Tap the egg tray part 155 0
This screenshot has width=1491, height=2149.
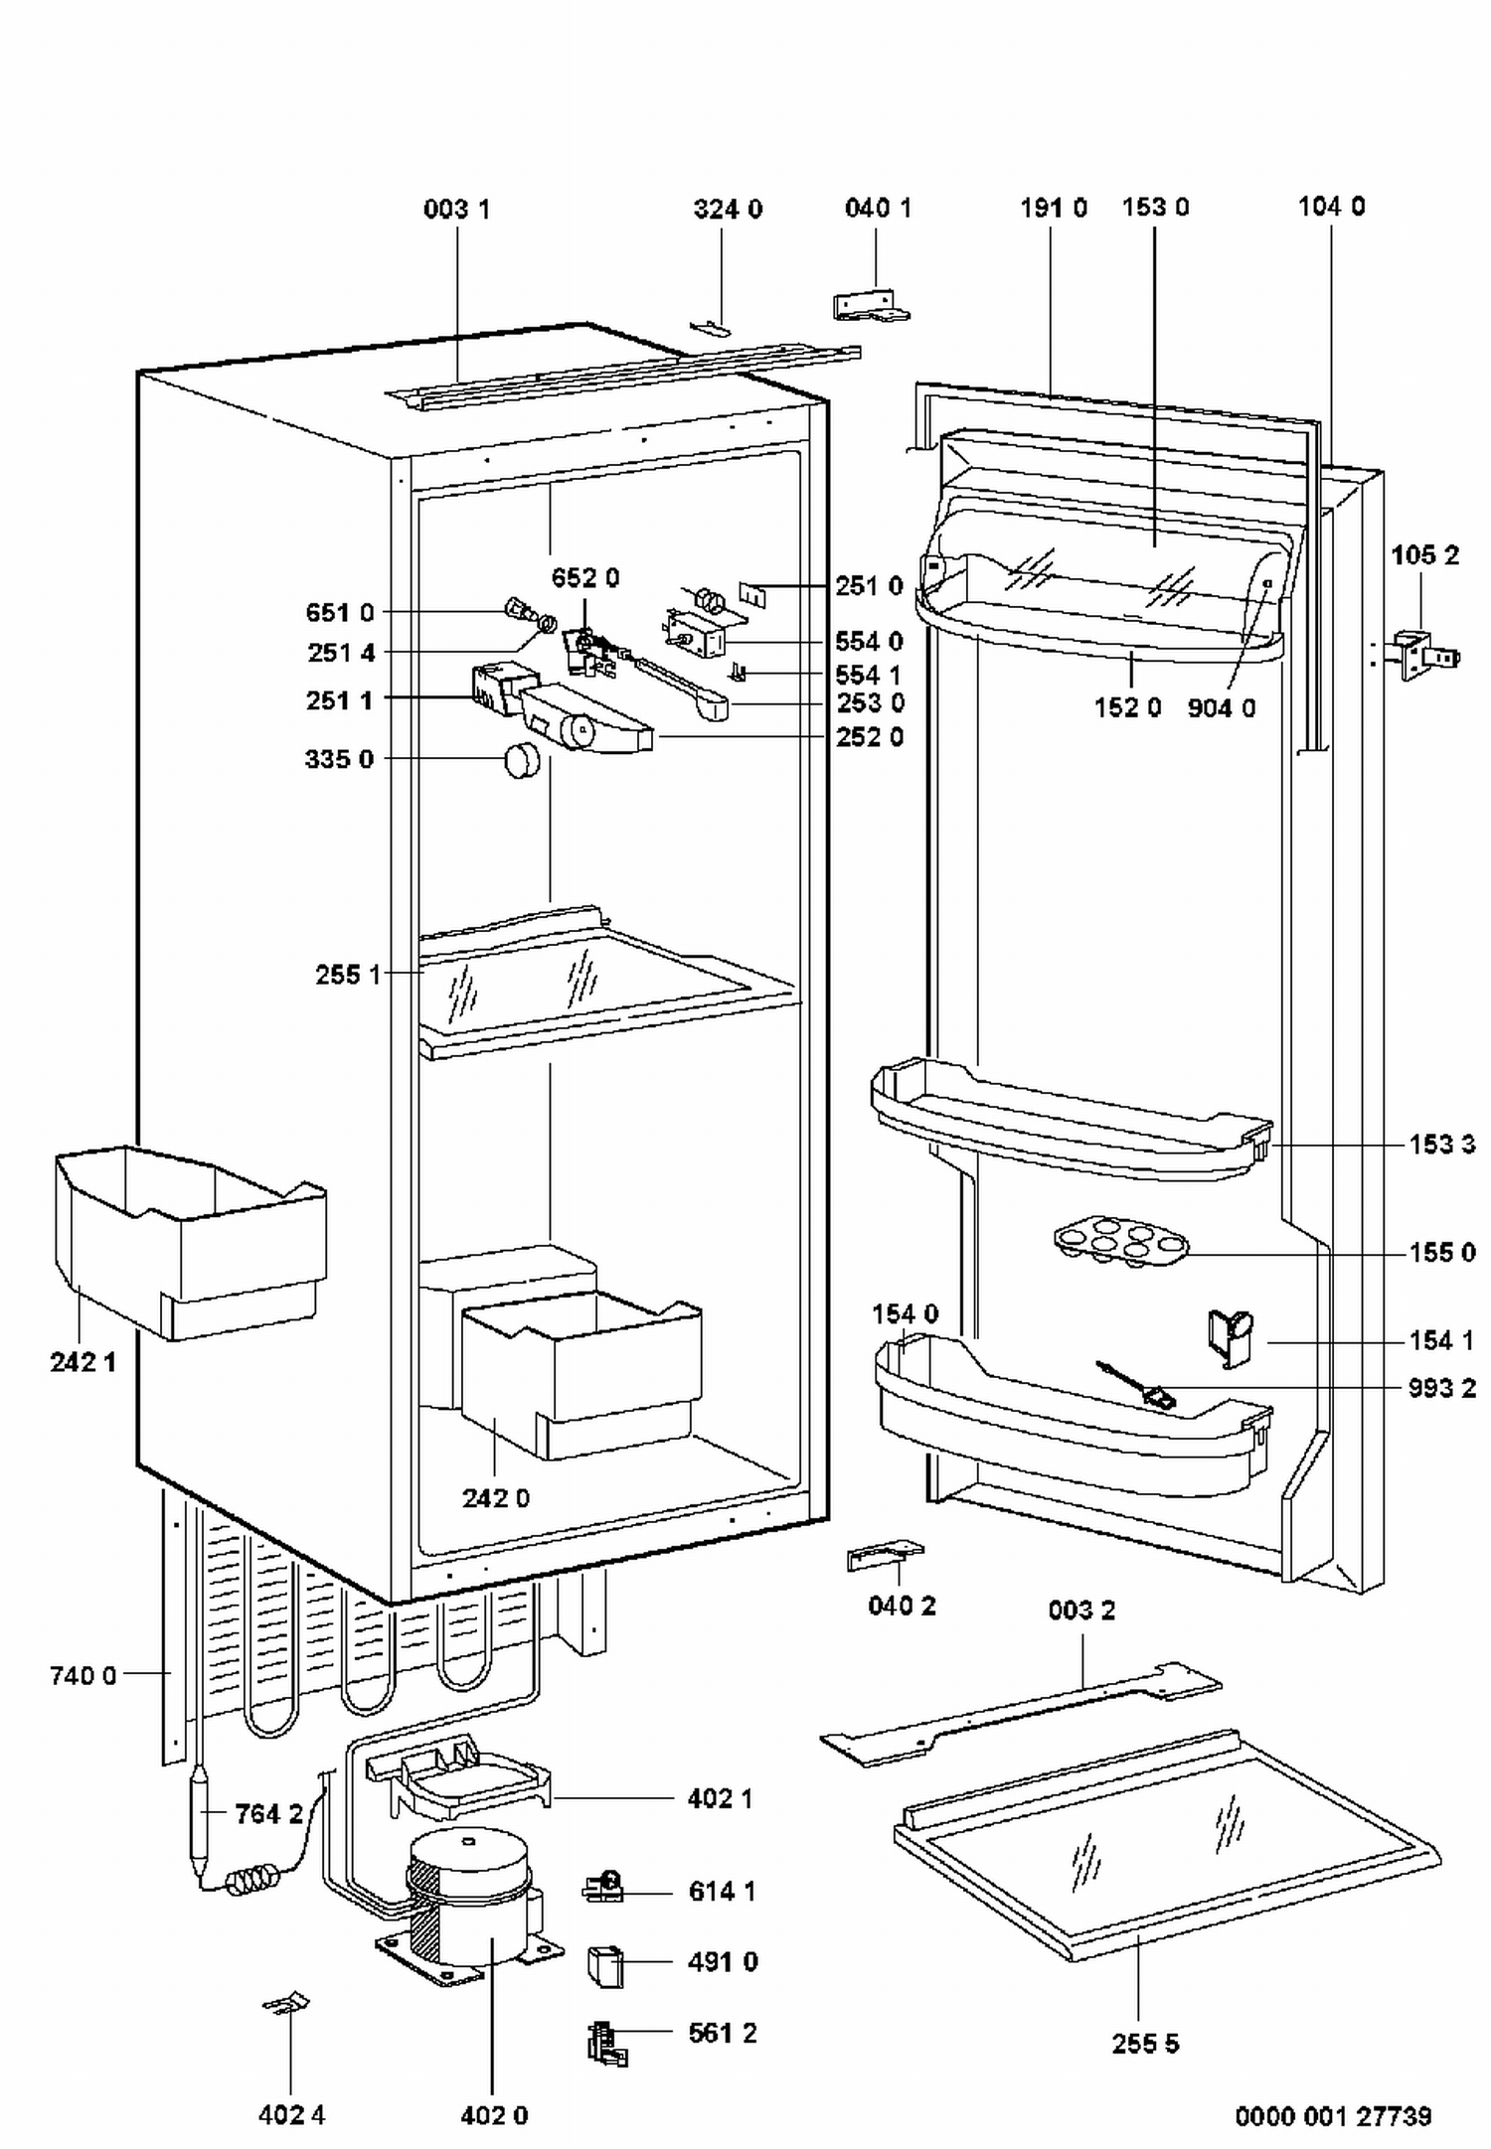tap(1121, 1244)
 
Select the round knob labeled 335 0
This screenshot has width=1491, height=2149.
tap(523, 760)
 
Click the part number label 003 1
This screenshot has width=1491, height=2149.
tap(456, 209)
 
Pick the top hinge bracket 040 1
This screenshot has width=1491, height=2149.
tap(871, 305)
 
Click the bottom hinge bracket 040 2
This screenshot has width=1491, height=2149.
tap(884, 1556)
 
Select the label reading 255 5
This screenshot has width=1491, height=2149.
tap(1145, 2044)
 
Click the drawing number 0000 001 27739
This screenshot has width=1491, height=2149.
tap(1333, 2116)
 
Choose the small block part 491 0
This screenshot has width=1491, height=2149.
tap(605, 1966)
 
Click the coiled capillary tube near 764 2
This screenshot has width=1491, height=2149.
tap(256, 1881)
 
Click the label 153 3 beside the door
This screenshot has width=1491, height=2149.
tap(1441, 1145)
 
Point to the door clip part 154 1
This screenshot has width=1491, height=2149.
tap(1230, 1338)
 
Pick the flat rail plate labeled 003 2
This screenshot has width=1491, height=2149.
tap(1021, 1714)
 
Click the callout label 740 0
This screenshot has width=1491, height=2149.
tap(83, 1676)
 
